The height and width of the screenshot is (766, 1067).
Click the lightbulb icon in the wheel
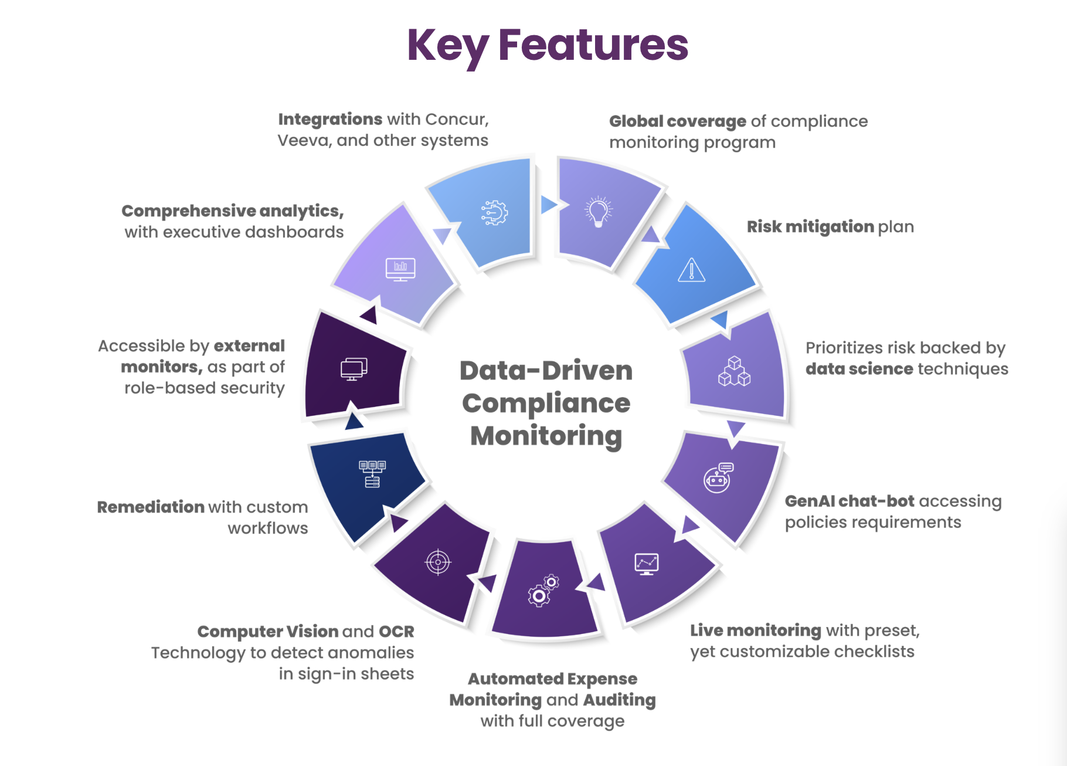coord(598,211)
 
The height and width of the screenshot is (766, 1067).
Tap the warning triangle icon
coord(692,270)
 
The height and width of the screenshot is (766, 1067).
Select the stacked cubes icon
coord(734,371)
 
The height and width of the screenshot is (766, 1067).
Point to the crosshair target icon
coord(438,562)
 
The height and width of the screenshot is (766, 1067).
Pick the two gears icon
coord(543,591)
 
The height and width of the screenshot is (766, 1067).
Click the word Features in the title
coord(593,45)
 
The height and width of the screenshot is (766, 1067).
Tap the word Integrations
coord(330,119)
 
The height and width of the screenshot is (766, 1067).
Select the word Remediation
coord(151,507)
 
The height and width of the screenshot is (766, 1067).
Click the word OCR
coord(396,632)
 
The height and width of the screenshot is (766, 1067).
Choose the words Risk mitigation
coord(810,227)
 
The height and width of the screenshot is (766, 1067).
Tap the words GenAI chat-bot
coord(849,501)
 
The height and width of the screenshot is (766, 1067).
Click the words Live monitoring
coord(756,631)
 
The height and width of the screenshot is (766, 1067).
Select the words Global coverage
coord(678,121)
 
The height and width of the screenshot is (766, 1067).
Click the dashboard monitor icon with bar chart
coord(400,269)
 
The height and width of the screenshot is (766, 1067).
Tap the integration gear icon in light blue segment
coord(494,212)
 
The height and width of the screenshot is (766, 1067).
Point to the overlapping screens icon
coord(354,369)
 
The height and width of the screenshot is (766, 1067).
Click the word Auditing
coord(619,700)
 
